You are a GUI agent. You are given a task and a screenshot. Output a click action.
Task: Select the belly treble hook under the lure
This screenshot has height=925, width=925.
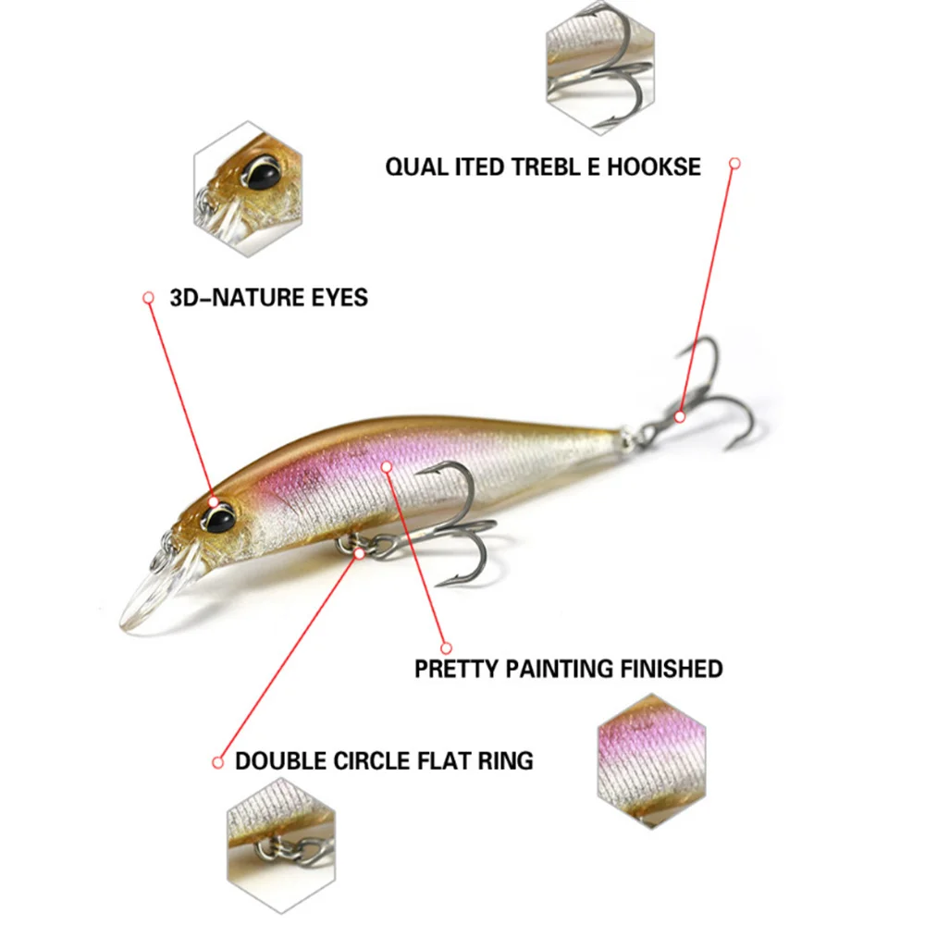click(x=453, y=527)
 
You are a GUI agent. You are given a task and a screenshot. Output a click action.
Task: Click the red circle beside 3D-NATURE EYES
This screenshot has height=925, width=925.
click(x=147, y=298)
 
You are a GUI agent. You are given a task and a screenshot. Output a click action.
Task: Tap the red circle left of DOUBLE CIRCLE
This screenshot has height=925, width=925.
click(x=218, y=762)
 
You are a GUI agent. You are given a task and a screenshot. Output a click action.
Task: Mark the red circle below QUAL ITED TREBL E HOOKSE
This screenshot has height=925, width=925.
click(x=734, y=164)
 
